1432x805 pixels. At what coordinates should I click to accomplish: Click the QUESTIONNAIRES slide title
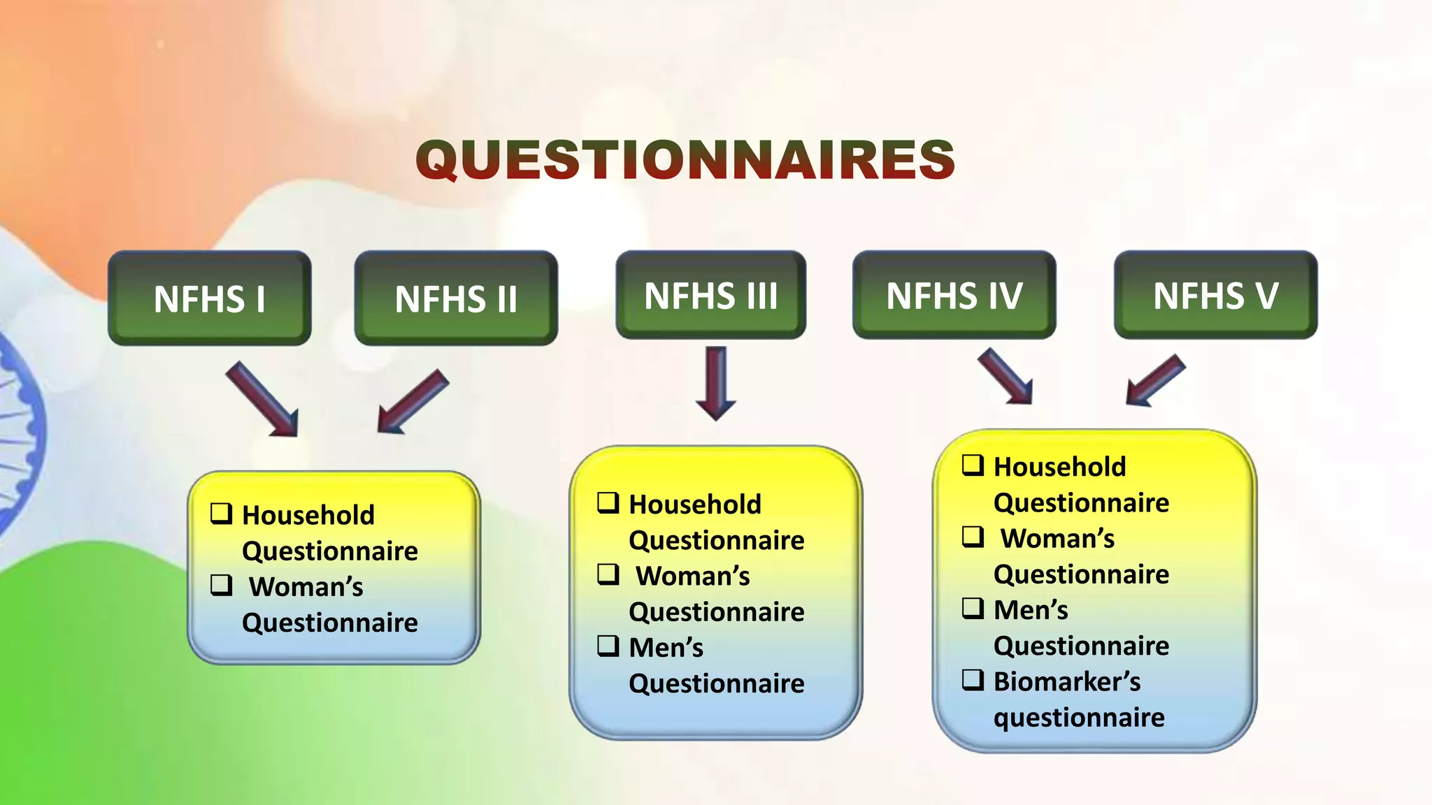coord(685,159)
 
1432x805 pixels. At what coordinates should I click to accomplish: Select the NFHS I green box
coord(210,298)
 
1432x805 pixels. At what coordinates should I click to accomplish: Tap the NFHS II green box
coord(456,298)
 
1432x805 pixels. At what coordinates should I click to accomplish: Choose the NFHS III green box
coord(710,296)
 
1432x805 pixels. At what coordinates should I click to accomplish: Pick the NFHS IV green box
coord(954,296)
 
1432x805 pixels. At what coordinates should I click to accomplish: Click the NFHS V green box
coord(1215,296)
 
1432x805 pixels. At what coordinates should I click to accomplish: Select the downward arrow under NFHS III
coord(716,383)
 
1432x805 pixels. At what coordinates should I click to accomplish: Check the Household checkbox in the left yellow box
coord(222,514)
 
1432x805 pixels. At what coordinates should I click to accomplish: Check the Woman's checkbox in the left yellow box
coord(222,585)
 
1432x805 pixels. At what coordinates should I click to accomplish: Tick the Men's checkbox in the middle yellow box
coord(608,646)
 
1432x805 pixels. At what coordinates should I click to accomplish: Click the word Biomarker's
coord(1066,681)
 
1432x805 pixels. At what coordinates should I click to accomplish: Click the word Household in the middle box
coord(694,505)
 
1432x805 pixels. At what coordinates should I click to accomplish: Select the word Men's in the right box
coord(1031,610)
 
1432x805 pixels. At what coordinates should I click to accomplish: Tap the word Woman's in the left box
coord(306,587)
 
